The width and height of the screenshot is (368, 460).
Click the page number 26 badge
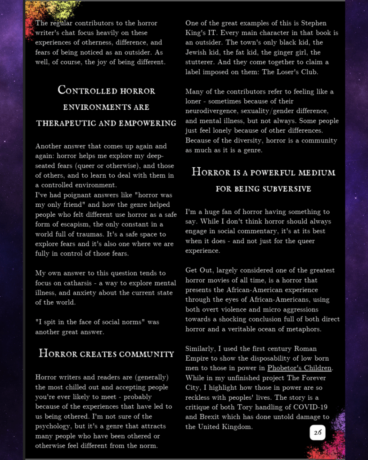coord(318,433)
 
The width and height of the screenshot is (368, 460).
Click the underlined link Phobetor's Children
coord(299,368)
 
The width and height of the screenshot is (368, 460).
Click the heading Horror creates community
coord(106,353)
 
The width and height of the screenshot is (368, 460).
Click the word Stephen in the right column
coord(314,23)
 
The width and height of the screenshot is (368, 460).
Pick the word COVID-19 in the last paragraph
coord(312,407)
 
